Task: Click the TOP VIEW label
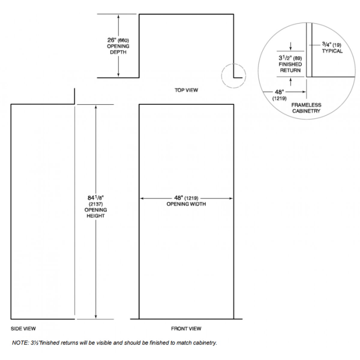coord(186,90)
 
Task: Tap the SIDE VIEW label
coord(23,328)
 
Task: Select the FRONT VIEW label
coord(186,328)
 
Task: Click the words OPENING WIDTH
coord(186,204)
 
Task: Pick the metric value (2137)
coord(96,204)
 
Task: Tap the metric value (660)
coord(124,40)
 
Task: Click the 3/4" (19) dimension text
coord(331,45)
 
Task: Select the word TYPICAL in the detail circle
coord(332,51)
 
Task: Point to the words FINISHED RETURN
coord(290,67)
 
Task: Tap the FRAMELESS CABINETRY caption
coord(306,108)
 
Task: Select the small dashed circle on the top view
coord(234,76)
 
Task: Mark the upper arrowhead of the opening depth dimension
coord(118,16)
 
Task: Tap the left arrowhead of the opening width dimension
coord(142,198)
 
